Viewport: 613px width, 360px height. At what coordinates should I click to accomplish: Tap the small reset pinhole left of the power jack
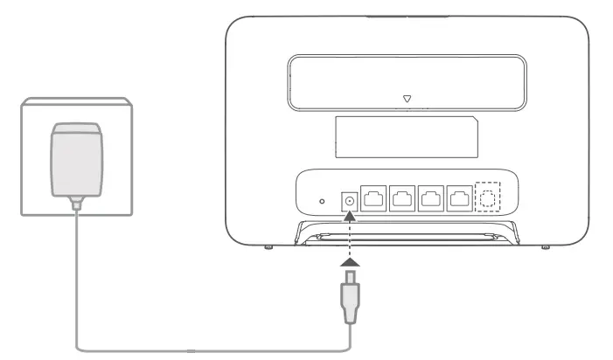[322, 201]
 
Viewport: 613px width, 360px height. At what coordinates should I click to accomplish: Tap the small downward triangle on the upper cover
[407, 99]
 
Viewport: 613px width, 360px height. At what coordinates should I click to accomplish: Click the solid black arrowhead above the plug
[350, 260]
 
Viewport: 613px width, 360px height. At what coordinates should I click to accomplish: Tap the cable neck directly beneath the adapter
[78, 205]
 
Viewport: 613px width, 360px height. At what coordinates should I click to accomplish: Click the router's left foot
[268, 248]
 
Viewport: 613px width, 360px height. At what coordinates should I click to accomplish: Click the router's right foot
[546, 248]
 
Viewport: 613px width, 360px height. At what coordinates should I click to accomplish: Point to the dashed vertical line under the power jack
[350, 232]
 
